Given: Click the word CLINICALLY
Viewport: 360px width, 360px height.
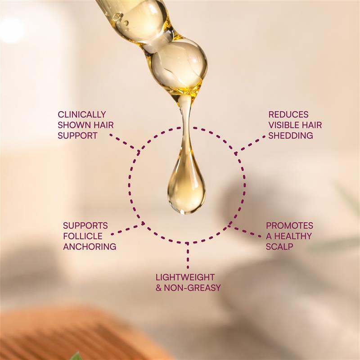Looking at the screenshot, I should pyautogui.click(x=81, y=114).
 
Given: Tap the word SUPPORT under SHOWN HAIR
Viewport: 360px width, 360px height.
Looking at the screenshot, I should pyautogui.click(x=77, y=135).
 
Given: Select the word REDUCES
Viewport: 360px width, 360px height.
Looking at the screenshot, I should pyautogui.click(x=288, y=114).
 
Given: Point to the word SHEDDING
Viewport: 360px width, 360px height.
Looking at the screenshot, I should pyautogui.click(x=290, y=135).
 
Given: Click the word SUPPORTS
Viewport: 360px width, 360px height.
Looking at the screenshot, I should pyautogui.click(x=85, y=225).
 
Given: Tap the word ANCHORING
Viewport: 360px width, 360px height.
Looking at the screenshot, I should pyautogui.click(x=90, y=247).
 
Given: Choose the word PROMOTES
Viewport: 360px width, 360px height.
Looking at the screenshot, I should pyautogui.click(x=289, y=225).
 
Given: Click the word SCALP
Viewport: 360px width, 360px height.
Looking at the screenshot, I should pyautogui.click(x=279, y=247).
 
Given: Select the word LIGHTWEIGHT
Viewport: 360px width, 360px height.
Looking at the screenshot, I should pyautogui.click(x=185, y=277).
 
